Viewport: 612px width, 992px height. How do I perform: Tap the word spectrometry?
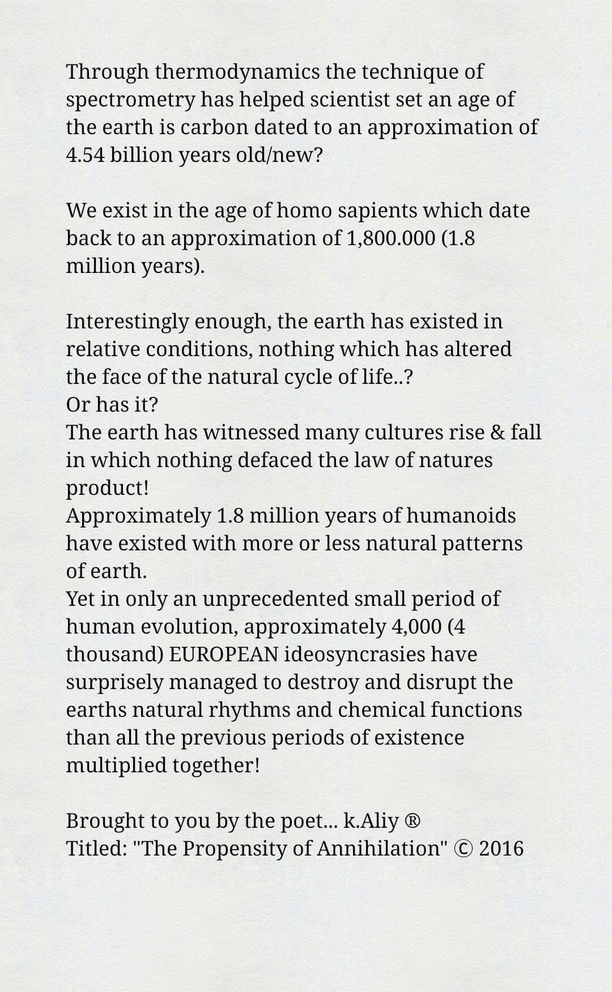point(130,100)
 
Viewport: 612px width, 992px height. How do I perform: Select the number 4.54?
point(85,155)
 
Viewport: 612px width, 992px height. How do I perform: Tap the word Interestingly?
point(127,322)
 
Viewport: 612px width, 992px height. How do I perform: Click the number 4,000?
point(416,626)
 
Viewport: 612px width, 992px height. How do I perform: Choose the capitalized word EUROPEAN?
point(224,654)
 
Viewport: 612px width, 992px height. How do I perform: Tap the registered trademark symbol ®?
point(413,821)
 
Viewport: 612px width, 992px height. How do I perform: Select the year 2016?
point(501,848)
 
